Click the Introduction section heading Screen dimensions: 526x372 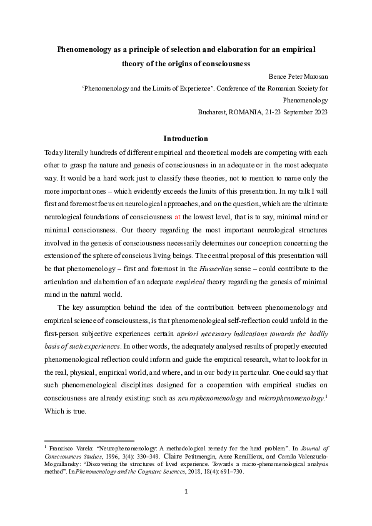tap(186, 139)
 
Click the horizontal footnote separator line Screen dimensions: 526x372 tap(89, 440)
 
